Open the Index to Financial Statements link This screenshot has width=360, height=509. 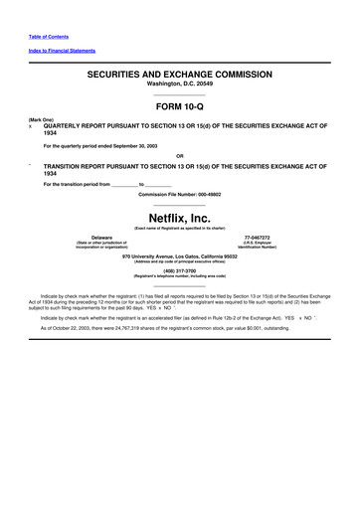(57, 51)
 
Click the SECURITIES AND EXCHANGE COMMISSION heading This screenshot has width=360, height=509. (180, 75)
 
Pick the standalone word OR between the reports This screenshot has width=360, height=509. (179, 155)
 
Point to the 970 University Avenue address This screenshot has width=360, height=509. (180, 255)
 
